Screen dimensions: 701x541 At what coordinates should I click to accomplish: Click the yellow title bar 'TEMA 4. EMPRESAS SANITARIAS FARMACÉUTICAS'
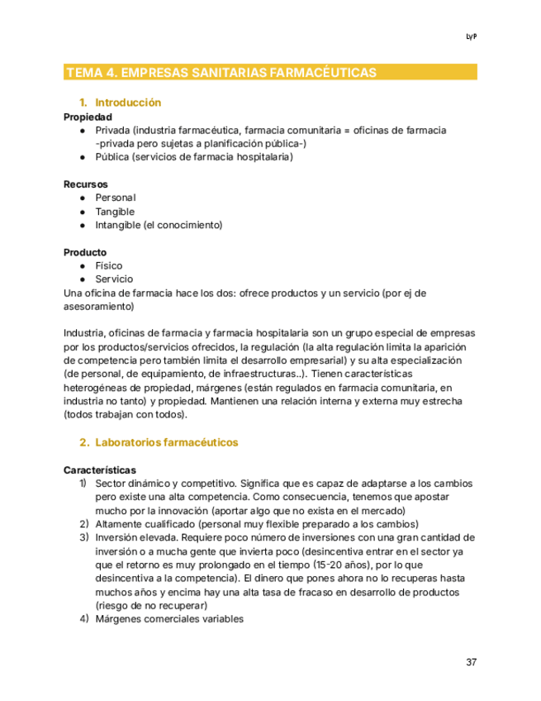(221, 73)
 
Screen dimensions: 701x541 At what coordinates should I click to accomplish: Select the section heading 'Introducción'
(128, 103)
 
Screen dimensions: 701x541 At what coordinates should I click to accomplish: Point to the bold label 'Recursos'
(85, 184)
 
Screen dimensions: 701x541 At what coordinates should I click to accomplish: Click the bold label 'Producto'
(85, 251)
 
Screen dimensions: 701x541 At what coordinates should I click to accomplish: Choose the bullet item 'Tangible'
(115, 212)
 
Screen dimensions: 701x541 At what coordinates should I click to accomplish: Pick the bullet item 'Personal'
(116, 198)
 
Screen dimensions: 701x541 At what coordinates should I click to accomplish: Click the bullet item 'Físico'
(109, 265)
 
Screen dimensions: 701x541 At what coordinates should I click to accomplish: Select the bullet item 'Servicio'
(114, 279)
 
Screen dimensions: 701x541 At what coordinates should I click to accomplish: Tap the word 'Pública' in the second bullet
(112, 157)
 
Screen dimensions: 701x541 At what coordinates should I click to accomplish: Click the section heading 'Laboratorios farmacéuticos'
(166, 442)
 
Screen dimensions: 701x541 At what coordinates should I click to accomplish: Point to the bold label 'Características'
(100, 470)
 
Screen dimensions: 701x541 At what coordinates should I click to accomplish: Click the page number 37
(472, 662)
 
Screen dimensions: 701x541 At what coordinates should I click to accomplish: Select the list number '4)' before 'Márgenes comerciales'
(84, 619)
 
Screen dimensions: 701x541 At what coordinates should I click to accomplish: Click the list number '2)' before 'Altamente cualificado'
(84, 524)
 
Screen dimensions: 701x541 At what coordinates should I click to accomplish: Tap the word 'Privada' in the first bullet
(112, 131)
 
